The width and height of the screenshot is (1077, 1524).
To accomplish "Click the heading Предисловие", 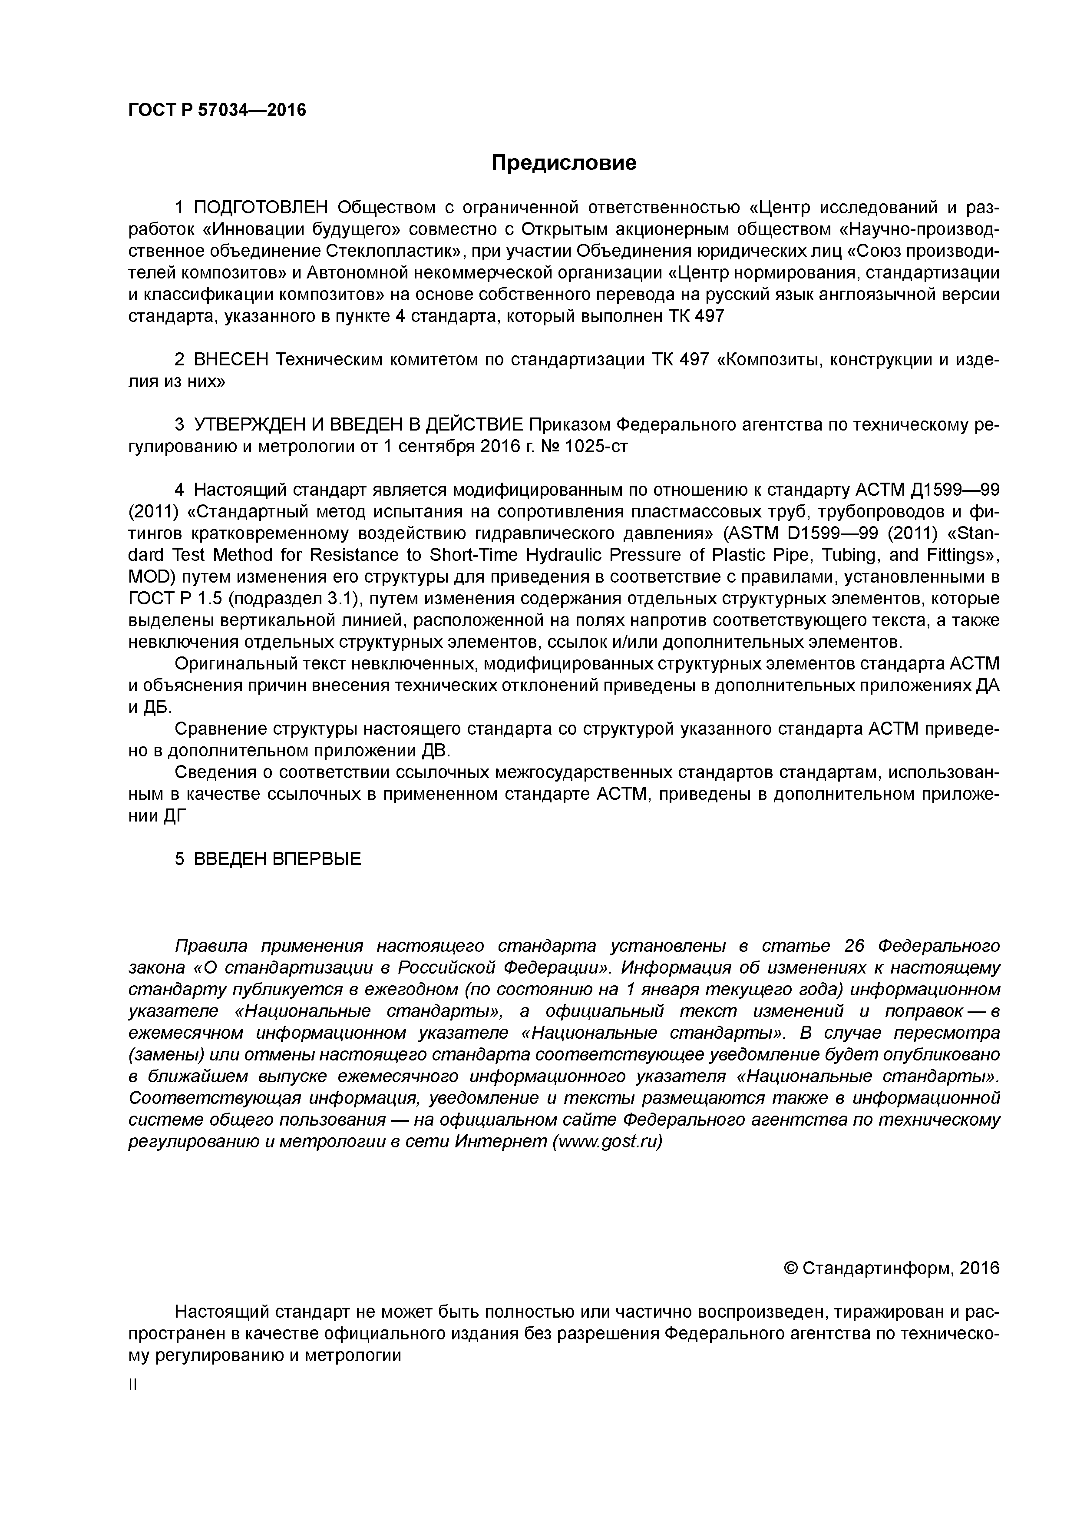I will click(x=563, y=162).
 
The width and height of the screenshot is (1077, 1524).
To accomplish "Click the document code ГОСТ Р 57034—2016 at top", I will click(x=217, y=110).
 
